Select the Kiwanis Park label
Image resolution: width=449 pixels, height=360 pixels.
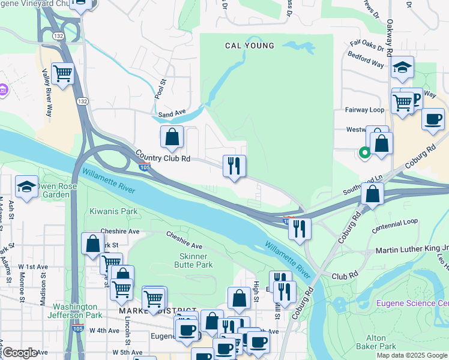tap(113, 211)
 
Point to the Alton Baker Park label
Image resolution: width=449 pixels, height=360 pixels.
tap(376, 342)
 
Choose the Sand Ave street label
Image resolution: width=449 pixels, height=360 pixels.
tap(172, 113)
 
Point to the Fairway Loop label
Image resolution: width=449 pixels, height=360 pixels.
tap(364, 110)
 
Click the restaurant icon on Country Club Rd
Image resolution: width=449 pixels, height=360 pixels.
tap(234, 166)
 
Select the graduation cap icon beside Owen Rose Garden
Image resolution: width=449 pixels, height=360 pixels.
tap(27, 187)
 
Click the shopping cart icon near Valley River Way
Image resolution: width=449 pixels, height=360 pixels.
tap(63, 74)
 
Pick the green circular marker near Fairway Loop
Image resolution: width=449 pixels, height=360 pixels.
tap(364, 152)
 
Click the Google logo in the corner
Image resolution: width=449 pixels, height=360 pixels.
tap(20, 353)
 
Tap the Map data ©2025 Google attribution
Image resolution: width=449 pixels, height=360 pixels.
tap(412, 355)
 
